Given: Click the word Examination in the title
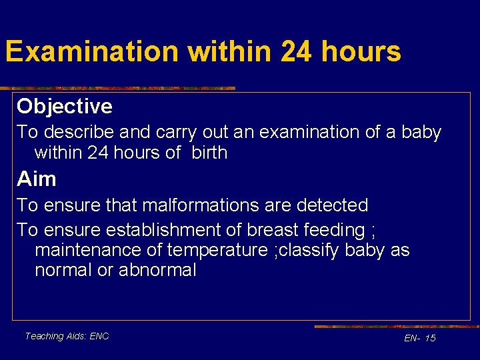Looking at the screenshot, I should tap(91, 51).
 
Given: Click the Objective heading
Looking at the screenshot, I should tap(65, 106).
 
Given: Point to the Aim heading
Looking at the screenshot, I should tap(37, 179).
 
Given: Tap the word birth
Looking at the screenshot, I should tap(209, 153).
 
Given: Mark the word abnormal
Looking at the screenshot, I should tap(157, 271).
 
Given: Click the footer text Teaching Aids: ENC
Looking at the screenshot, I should tap(67, 336).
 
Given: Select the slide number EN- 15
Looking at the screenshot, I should tap(420, 338).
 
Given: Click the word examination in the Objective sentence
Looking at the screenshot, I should tap(309, 132).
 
